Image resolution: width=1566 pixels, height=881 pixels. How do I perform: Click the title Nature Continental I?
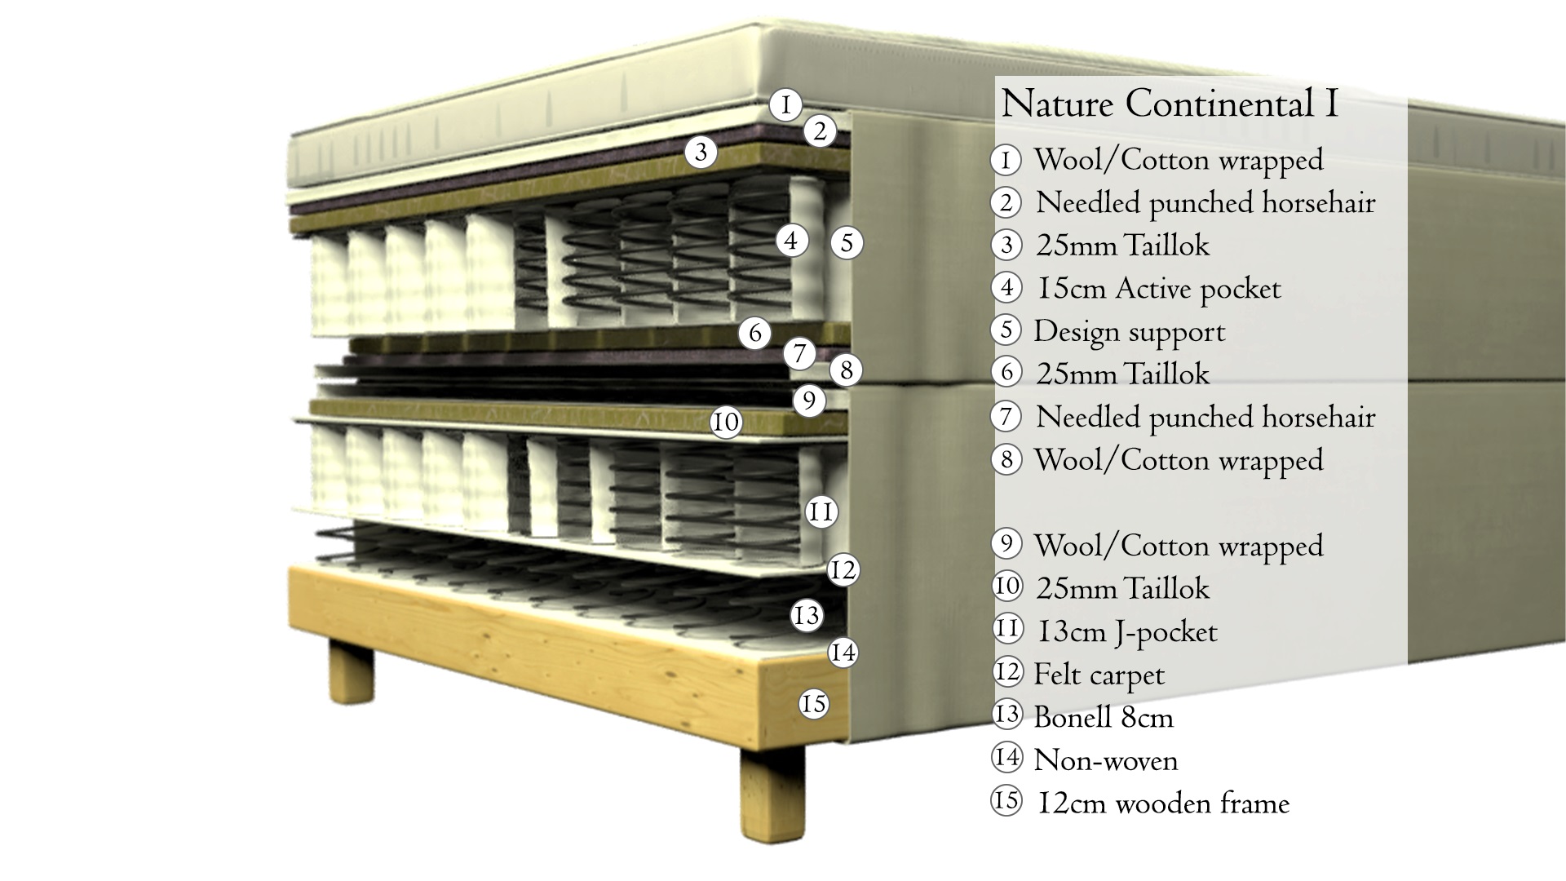coord(1169,104)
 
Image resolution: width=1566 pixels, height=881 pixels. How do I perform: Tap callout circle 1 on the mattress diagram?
coord(785,104)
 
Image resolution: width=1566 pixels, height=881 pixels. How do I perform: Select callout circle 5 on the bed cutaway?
coord(847,242)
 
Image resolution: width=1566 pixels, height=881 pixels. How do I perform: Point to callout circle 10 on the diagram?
coord(725,422)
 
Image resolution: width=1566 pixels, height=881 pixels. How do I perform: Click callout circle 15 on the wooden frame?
coord(813,703)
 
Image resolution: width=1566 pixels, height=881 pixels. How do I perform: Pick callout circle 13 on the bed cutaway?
coord(807,615)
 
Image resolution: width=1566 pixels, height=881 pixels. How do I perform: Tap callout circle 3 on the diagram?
coord(701,151)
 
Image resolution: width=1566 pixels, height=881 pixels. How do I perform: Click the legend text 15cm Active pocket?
coord(1158,289)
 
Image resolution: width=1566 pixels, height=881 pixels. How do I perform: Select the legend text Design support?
coord(1130,331)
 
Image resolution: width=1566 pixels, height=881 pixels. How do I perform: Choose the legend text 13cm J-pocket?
coord(1126,632)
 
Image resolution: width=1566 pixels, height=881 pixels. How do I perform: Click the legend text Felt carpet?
coord(1099,675)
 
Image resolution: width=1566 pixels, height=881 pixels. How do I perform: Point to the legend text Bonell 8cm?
coord(1104,718)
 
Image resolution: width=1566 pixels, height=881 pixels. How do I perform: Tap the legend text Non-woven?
coord(1106,761)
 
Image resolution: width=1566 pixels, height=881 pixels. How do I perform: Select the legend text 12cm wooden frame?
coord(1163,804)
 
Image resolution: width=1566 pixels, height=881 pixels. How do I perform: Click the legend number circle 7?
coord(1006,417)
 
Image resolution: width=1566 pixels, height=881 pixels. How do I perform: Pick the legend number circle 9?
coord(1006,543)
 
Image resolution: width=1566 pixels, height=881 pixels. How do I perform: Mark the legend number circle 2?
coord(1006,202)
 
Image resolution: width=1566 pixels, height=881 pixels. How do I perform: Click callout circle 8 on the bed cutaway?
coord(846,370)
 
